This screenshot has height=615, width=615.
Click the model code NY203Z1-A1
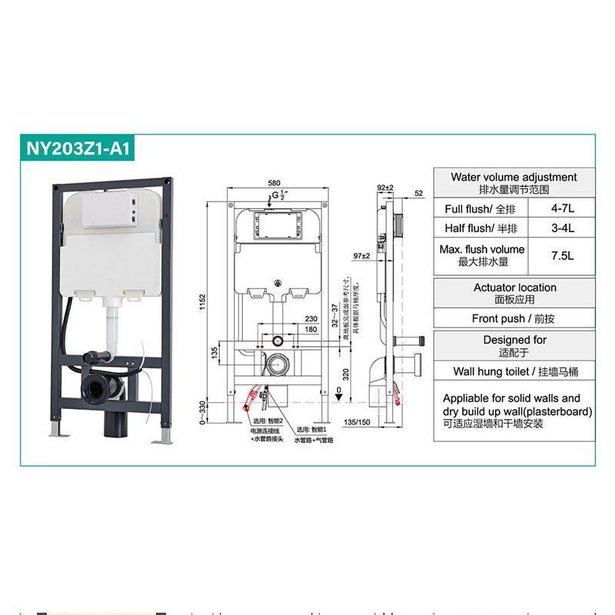click(78, 148)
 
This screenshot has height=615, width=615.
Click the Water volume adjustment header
click(514, 182)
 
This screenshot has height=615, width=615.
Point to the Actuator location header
click(514, 293)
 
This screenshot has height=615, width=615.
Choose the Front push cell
click(514, 318)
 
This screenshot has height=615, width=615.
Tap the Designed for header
click(514, 344)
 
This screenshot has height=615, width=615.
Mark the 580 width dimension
click(274, 183)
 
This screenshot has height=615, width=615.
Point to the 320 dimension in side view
click(347, 374)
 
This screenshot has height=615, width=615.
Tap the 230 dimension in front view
click(289, 318)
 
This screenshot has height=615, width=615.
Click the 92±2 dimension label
click(385, 188)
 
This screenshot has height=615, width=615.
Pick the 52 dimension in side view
click(418, 194)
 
